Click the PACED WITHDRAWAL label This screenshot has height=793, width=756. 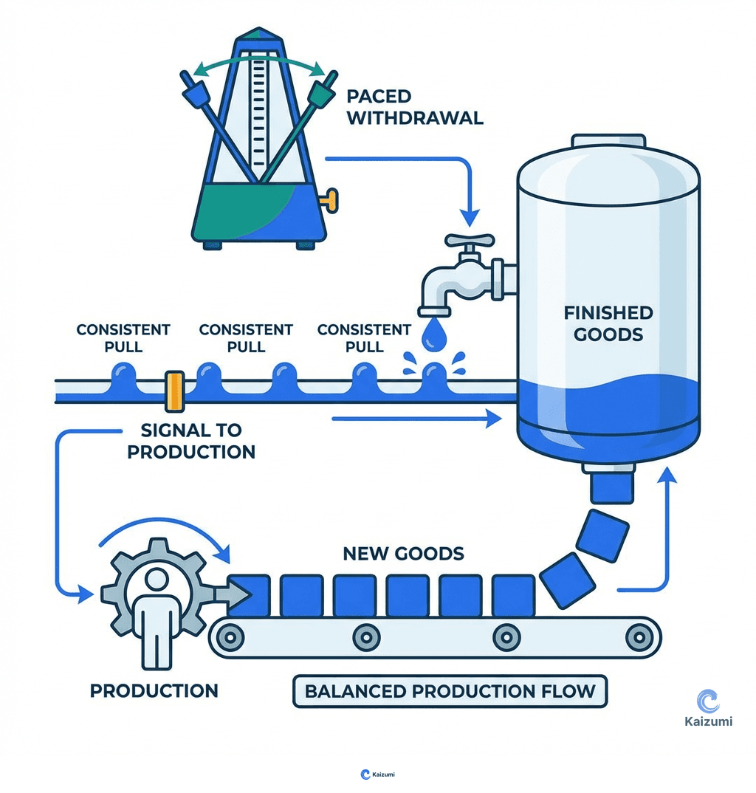(414, 107)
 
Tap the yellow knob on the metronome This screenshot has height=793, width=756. (329, 198)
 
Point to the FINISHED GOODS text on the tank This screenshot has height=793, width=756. (608, 323)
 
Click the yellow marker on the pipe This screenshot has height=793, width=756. (174, 391)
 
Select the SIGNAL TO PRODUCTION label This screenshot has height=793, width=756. (191, 440)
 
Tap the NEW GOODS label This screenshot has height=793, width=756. (403, 553)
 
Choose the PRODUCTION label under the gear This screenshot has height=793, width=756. (154, 690)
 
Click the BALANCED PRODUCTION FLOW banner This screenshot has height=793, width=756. (450, 692)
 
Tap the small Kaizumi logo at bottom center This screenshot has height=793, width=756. (377, 774)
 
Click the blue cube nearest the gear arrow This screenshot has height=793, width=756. (249, 595)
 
